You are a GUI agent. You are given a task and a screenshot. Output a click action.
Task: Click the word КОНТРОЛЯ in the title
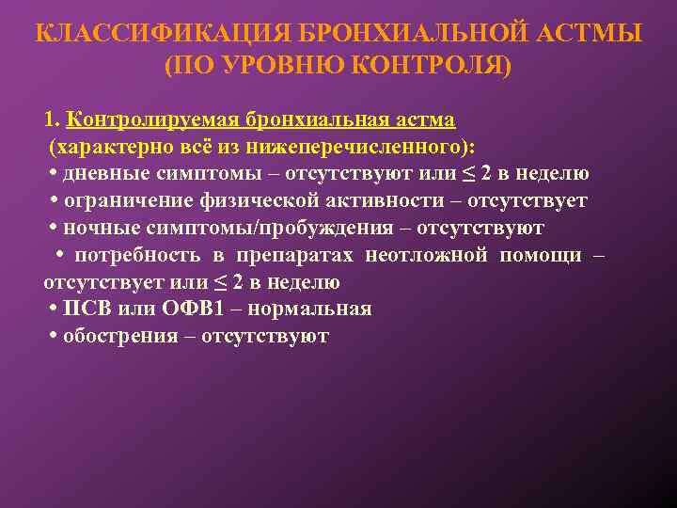coord(432,66)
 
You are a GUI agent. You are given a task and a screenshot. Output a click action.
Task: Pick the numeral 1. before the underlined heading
coord(52,120)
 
